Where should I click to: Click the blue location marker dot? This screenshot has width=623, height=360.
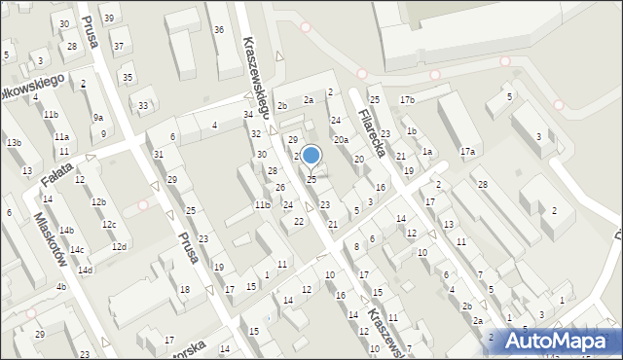pyautogui.click(x=311, y=155)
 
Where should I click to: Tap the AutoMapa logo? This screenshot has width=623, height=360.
pyautogui.click(x=562, y=340)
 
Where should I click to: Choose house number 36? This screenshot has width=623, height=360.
pyautogui.click(x=218, y=30)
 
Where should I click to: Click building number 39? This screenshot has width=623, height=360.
pyautogui.click(x=109, y=18)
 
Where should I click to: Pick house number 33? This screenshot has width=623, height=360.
pyautogui.click(x=143, y=105)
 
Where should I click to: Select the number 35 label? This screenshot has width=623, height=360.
pyautogui.click(x=127, y=77)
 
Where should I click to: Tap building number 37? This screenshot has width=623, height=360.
pyautogui.click(x=118, y=46)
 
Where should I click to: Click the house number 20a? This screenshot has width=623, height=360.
pyautogui.click(x=341, y=140)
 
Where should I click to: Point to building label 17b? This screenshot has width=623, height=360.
pyautogui.click(x=407, y=100)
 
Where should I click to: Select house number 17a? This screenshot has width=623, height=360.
pyautogui.click(x=467, y=151)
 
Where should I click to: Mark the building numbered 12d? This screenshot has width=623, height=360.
pyautogui.click(x=118, y=246)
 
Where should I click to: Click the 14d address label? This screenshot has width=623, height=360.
pyautogui.click(x=85, y=270)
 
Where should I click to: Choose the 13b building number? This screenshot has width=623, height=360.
pyautogui.click(x=14, y=143)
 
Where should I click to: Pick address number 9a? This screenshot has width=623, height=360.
pyautogui.click(x=97, y=117)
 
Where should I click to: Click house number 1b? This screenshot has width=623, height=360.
pyautogui.click(x=412, y=131)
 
